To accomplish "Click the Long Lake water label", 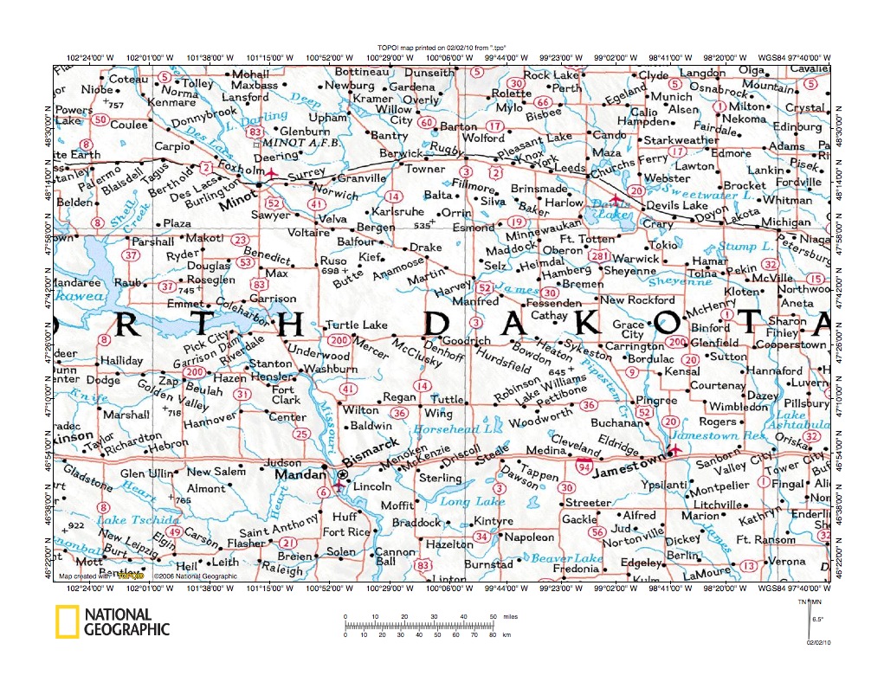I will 472,501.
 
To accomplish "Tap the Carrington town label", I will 633,346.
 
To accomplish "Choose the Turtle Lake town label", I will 356,325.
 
